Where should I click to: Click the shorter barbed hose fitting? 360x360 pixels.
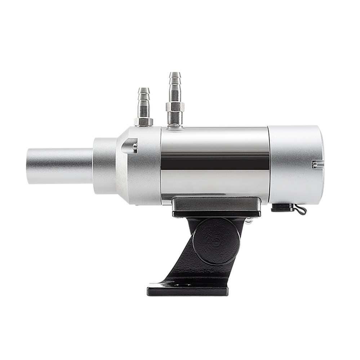click(x=143, y=105)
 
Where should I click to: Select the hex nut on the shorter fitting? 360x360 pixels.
click(x=143, y=121)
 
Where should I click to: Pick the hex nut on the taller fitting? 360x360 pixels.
click(x=175, y=107)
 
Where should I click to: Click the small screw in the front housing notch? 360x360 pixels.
click(x=135, y=146)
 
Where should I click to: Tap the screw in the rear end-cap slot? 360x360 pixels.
click(x=315, y=164)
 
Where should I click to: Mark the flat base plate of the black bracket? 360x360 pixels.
click(x=187, y=290)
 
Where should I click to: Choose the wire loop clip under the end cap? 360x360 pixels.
click(x=300, y=209)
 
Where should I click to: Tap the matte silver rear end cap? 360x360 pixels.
click(x=295, y=164)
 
